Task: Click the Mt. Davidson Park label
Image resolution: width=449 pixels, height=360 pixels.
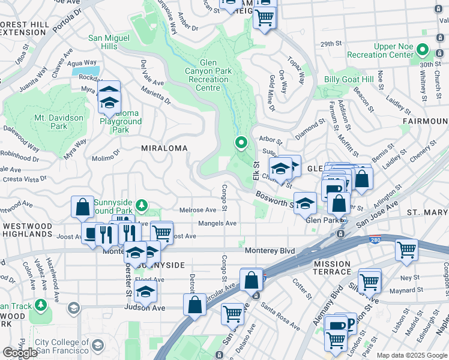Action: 59,122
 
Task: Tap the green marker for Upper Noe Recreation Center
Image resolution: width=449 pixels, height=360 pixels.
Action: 423,50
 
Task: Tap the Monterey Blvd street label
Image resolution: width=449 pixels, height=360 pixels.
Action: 271,250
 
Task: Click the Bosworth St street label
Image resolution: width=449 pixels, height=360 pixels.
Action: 273,199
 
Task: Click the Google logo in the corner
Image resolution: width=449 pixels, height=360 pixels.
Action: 20,353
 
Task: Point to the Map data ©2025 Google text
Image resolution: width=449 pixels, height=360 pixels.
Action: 412,355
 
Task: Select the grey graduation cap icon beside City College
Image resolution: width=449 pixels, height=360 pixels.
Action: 73,308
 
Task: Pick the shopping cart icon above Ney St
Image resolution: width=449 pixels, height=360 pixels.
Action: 406,249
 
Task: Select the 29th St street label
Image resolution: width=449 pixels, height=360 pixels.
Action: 330,44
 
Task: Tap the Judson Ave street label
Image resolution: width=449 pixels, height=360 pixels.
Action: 144,308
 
